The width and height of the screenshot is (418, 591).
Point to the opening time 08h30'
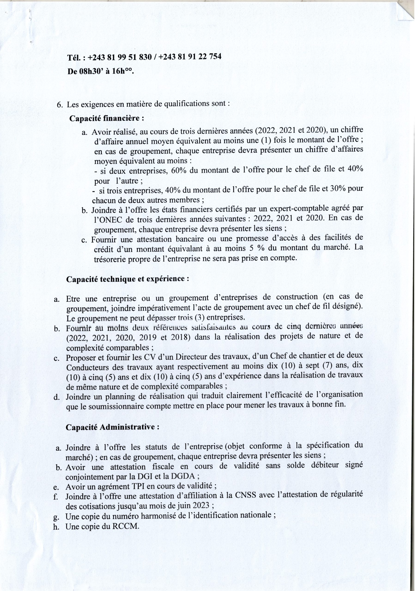click(x=89, y=71)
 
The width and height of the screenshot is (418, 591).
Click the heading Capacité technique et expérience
click(x=128, y=279)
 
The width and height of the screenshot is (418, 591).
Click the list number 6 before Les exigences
click(x=59, y=105)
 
